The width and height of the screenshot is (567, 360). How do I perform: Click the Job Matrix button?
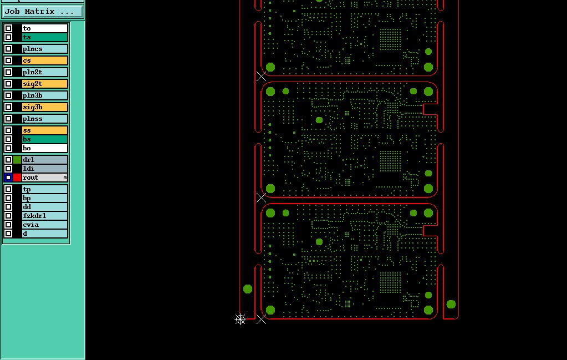pyautogui.click(x=42, y=11)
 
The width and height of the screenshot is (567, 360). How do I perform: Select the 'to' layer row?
pyautogui.click(x=44, y=28)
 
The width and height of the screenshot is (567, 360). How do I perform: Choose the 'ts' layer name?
pyautogui.click(x=44, y=37)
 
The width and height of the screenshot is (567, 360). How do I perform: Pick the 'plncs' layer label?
pyautogui.click(x=44, y=49)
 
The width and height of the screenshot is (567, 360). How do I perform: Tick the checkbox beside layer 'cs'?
pyautogui.click(x=8, y=60)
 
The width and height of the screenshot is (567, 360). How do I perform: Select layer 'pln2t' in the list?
pyautogui.click(x=44, y=72)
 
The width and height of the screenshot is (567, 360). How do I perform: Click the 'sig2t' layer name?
pyautogui.click(x=44, y=84)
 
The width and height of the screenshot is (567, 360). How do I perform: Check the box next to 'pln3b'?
pyautogui.click(x=8, y=95)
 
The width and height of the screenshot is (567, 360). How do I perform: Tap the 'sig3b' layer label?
pyautogui.click(x=44, y=107)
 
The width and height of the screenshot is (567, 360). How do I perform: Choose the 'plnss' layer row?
pyautogui.click(x=44, y=119)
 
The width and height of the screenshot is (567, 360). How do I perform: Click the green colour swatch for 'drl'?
pyautogui.click(x=17, y=160)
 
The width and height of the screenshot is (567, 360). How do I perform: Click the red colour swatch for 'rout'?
pyautogui.click(x=17, y=178)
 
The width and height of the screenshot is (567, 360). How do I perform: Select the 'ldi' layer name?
pyautogui.click(x=44, y=169)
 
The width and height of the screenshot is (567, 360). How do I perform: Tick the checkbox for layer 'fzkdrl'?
pyautogui.click(x=8, y=216)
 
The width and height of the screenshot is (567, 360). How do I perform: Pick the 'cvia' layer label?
pyautogui.click(x=44, y=225)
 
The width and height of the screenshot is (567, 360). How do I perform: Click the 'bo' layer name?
pyautogui.click(x=44, y=148)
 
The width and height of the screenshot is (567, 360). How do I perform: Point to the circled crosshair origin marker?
pyautogui.click(x=240, y=319)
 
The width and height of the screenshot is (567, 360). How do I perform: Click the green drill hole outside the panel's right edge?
pyautogui.click(x=451, y=304)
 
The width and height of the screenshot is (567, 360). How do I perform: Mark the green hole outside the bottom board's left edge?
pyautogui.click(x=248, y=289)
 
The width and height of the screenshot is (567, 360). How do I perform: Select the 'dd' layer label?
pyautogui.click(x=44, y=207)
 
